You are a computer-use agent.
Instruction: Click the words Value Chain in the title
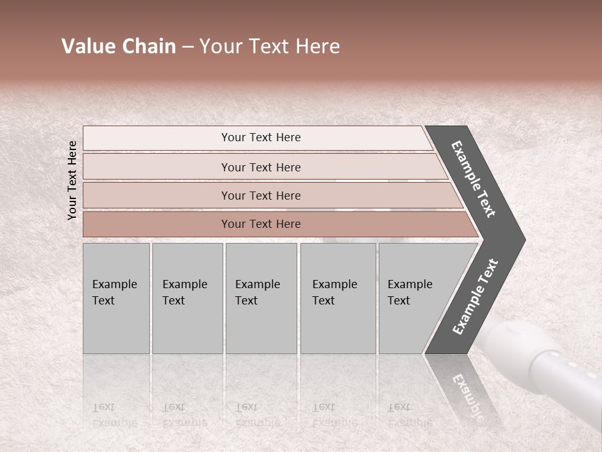119,46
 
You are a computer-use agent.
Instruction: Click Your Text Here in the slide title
270,46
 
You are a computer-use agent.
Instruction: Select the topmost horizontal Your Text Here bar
260,137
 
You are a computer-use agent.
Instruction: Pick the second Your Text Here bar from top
260,167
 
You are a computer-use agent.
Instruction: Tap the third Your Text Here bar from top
260,195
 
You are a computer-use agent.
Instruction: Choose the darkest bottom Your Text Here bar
260,224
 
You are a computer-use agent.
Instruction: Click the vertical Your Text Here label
72,180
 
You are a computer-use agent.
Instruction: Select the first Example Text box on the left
115,298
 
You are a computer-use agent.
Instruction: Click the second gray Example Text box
186,298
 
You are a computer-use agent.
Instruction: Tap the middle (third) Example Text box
260,298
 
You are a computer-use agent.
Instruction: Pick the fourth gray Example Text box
337,298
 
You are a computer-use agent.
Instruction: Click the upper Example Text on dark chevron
473,179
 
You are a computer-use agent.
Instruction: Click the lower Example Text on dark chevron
475,297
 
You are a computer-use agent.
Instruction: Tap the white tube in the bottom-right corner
552,364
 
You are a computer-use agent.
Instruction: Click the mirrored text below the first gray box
114,415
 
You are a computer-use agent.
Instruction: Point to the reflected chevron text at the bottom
466,395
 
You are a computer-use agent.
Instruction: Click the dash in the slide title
187,47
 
